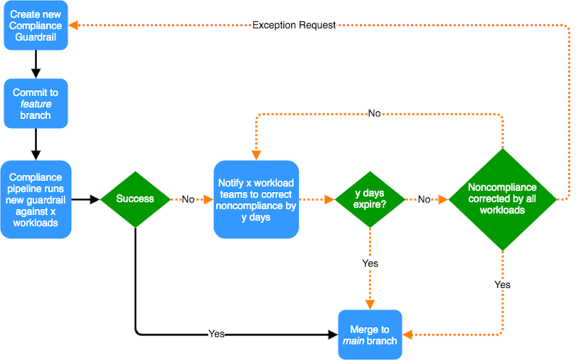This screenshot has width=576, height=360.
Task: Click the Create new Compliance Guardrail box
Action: point(36,25)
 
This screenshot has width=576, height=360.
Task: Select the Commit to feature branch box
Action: point(36,103)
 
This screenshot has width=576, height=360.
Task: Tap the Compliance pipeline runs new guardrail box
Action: point(36,199)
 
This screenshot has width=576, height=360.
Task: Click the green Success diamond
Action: point(135,199)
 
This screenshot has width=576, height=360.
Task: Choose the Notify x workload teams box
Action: point(256,199)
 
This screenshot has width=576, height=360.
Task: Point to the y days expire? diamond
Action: point(370,199)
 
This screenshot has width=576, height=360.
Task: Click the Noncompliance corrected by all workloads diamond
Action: point(502,199)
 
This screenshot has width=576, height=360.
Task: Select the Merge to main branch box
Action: point(370,335)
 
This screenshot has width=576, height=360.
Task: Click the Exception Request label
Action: point(294,25)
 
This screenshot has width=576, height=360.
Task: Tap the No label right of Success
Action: point(188,200)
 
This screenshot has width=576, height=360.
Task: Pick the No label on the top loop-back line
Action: point(374,114)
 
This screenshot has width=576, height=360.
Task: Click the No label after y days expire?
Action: point(424,200)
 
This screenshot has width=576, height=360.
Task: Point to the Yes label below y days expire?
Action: point(370,263)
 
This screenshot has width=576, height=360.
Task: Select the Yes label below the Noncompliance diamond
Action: point(502,285)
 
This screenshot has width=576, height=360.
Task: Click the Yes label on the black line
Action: point(217,334)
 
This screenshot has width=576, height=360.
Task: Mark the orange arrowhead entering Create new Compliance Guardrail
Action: point(74,25)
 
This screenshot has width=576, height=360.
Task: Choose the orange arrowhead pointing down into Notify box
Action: point(256,154)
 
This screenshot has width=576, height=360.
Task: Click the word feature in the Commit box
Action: point(36,104)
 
